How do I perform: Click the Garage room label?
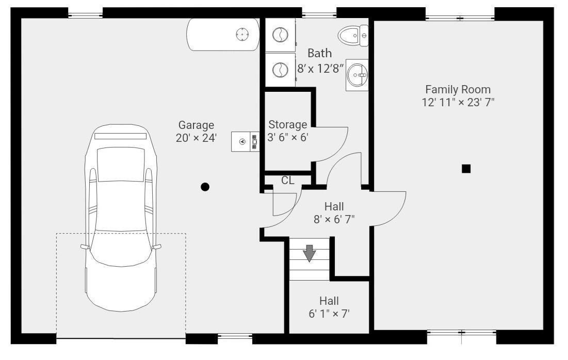pos(196,125)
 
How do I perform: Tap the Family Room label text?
pos(458,89)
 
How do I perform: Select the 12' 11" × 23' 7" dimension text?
pos(458,102)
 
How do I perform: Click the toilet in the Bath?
pos(353,36)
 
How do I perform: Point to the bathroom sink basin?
pos(357,75)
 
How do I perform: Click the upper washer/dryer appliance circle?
pos(280,35)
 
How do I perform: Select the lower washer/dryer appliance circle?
pos(280,70)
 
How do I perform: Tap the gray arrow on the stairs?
pos(309,253)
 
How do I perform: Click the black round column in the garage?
pos(205,187)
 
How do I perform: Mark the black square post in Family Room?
pos(466,169)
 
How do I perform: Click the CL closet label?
pos(288,180)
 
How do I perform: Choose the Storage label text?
pos(288,125)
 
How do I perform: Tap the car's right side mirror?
pos(157,247)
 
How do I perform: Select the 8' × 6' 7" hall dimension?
pos(334,219)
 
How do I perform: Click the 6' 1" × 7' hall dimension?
pos(329,314)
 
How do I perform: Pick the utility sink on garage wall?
pos(245,142)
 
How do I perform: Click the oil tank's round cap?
pos(242,35)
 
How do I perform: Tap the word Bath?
pos(319,53)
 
